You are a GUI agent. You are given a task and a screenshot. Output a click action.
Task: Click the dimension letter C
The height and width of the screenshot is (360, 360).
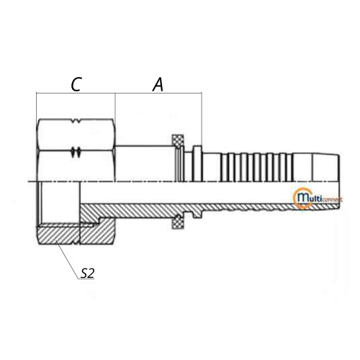click(76, 84)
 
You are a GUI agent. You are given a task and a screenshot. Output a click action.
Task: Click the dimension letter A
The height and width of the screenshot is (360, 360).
click(158, 84)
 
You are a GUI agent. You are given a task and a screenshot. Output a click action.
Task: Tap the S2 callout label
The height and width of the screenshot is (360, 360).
click(87, 274)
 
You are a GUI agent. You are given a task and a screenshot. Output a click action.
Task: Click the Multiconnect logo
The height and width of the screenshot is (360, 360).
click(318, 198)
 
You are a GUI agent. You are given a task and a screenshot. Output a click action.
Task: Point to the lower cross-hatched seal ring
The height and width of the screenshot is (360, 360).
click(178, 222)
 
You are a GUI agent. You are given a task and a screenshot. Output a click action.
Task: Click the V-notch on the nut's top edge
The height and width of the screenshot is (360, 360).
click(76, 121)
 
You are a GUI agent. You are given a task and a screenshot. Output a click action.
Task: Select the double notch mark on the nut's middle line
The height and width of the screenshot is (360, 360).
click(76, 152)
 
